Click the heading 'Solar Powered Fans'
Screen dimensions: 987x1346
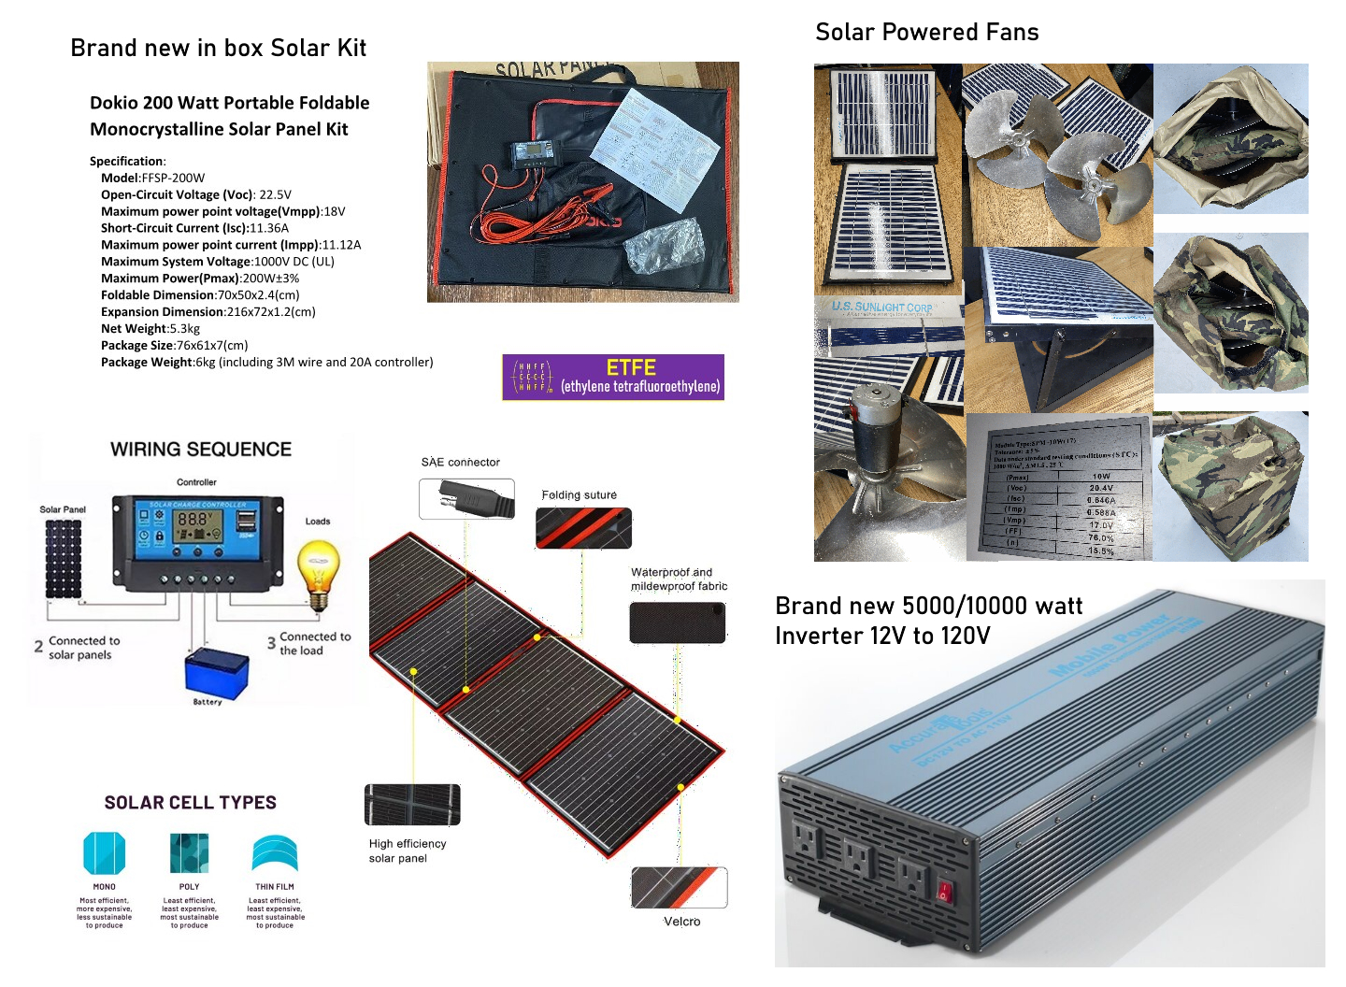[926, 33]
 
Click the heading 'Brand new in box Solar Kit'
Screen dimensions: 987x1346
[218, 49]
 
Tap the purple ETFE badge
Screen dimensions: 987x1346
[613, 377]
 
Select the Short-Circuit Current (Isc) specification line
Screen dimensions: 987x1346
[194, 228]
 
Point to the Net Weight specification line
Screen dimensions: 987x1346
[150, 329]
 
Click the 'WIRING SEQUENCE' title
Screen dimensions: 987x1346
[201, 450]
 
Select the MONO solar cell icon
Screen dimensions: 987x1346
[104, 852]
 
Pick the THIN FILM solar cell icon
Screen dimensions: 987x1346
[275, 852]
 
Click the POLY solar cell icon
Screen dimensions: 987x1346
[189, 852]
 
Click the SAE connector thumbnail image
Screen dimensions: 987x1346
[466, 498]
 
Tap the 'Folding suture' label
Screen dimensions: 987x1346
[579, 495]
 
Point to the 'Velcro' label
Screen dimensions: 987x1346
[681, 922]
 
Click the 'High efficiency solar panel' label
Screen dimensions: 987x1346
[407, 851]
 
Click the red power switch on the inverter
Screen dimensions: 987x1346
[944, 891]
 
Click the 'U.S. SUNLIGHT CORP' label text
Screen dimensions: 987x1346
[881, 307]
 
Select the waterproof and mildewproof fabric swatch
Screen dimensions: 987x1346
[678, 622]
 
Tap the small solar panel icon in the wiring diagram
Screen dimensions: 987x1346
[64, 558]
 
